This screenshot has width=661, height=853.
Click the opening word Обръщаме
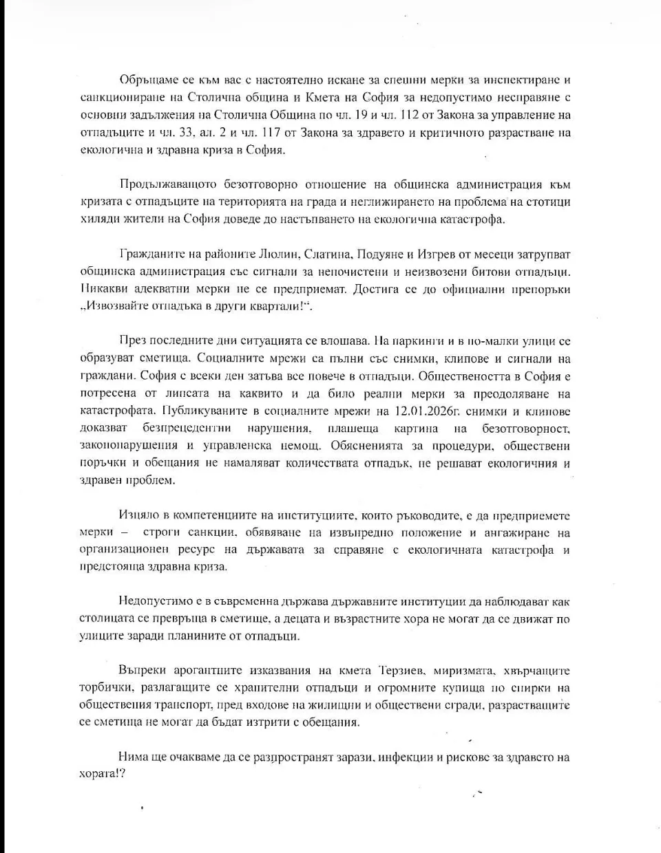[x=146, y=80]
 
